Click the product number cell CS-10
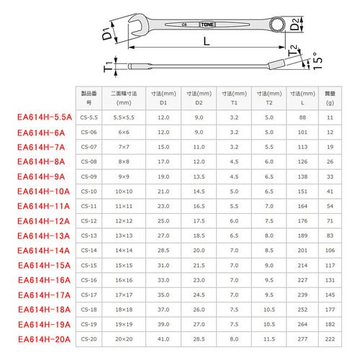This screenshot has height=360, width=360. (x=90, y=191)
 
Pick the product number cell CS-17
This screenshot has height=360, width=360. (x=90, y=294)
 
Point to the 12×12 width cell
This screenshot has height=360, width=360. (x=123, y=220)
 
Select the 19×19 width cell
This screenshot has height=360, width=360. (x=123, y=323)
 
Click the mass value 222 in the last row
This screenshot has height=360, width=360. (x=330, y=338)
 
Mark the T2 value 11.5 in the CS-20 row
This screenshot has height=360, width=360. (x=269, y=338)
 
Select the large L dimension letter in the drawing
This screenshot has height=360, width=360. (x=206, y=45)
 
